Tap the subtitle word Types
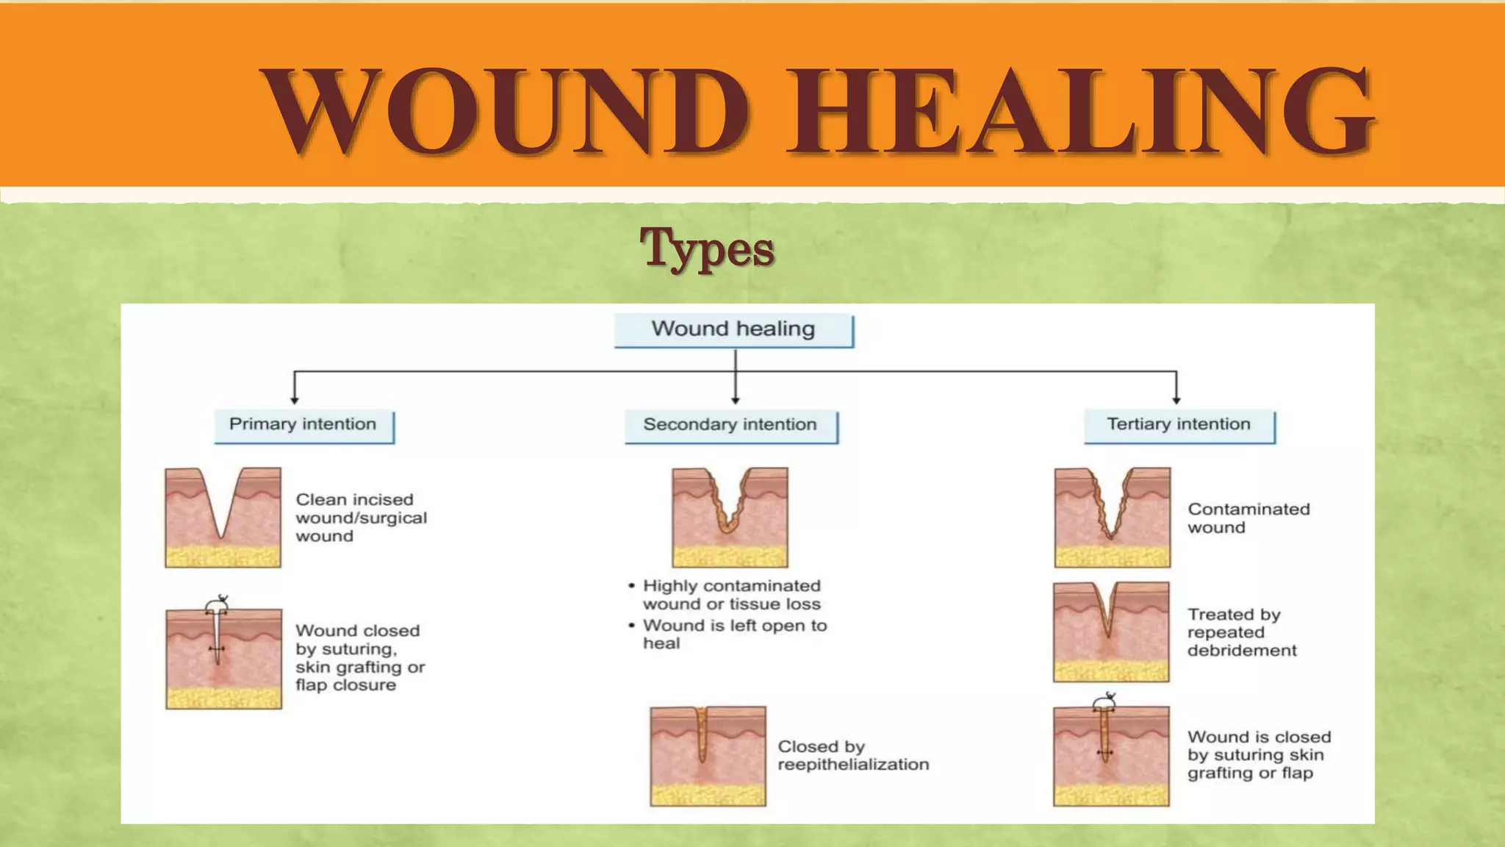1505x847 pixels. (706, 249)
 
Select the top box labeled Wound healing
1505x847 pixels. (733, 329)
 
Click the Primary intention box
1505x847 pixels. (303, 426)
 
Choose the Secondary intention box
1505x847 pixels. (730, 426)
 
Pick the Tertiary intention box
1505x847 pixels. (1179, 426)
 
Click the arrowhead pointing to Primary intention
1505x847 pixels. (295, 399)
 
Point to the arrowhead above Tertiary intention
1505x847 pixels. (1177, 399)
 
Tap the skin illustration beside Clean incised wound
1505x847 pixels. (223, 517)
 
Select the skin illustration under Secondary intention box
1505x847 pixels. (730, 517)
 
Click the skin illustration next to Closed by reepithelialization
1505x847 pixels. (708, 756)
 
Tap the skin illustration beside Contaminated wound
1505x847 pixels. (1112, 517)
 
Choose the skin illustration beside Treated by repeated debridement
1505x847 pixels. (1111, 632)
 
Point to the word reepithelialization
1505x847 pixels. (853, 765)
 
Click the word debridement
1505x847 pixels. (1242, 651)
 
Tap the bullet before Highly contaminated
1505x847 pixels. (631, 586)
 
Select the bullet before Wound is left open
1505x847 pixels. (631, 626)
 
